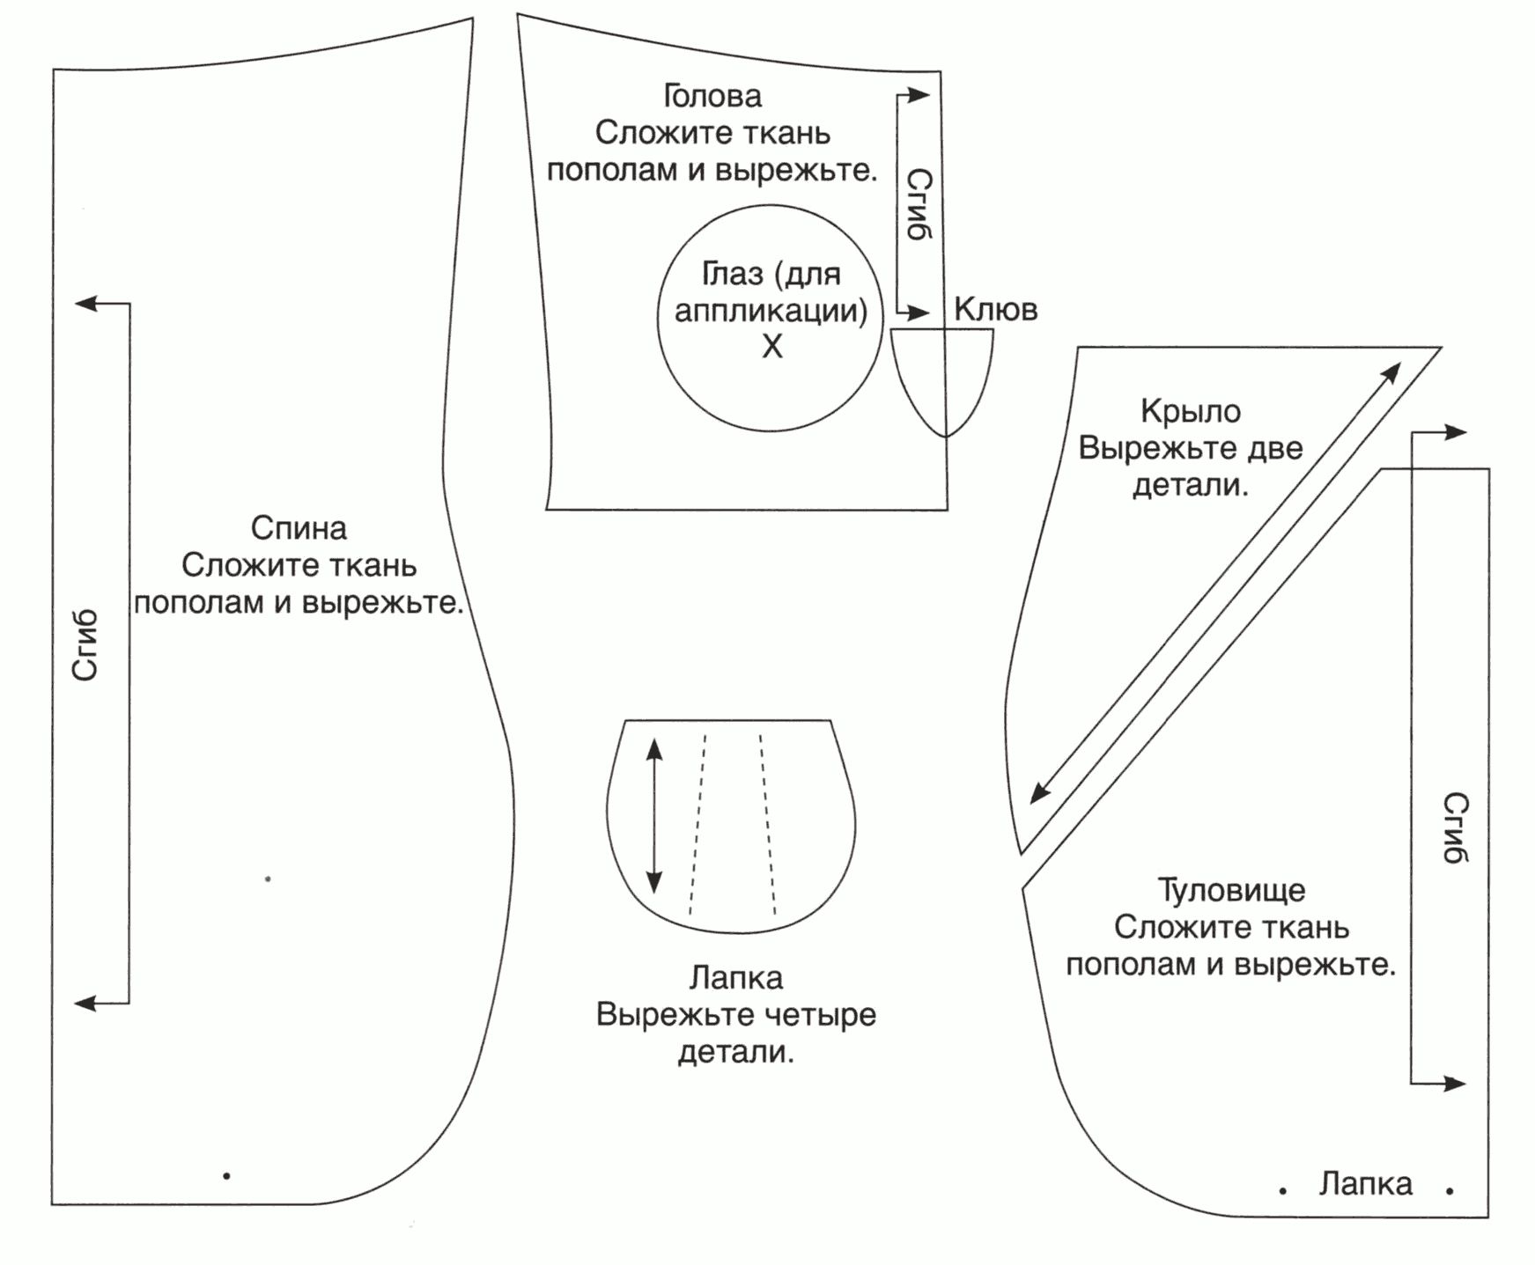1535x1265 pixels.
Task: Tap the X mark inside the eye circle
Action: [x=771, y=347]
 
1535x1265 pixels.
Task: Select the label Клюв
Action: [x=995, y=309]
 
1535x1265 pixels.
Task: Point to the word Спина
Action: [x=299, y=528]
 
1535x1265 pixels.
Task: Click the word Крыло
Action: [x=1190, y=411]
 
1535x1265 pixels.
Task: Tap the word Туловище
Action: [x=1230, y=890]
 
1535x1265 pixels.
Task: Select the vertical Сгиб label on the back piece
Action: [x=85, y=645]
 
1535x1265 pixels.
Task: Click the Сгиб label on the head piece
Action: [x=919, y=204]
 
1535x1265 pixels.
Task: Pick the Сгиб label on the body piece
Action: [x=1455, y=827]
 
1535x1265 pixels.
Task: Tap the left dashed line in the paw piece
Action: [x=697, y=823]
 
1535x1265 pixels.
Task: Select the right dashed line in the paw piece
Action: [x=768, y=823]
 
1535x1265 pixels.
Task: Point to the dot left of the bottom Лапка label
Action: [x=1283, y=1191]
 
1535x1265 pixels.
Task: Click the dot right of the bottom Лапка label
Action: [x=1450, y=1191]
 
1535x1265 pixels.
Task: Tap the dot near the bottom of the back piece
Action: [x=227, y=1175]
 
